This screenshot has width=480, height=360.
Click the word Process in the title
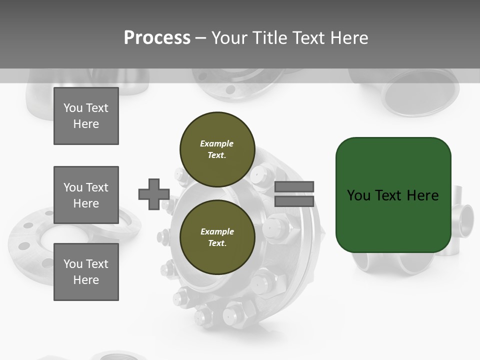157,38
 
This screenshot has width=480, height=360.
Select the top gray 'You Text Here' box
86,116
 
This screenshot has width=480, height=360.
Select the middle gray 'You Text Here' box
86,195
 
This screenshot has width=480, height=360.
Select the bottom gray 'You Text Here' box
86,272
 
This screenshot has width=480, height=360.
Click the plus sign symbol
154,194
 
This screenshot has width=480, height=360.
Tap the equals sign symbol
294,194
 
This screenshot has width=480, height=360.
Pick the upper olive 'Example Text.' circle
217,149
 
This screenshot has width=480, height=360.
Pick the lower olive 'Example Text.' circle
217,237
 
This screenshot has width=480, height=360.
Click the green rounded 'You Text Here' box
393,195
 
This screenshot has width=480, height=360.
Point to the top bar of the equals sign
294,187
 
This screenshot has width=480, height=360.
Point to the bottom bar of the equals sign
294,201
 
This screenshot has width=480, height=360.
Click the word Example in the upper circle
217,143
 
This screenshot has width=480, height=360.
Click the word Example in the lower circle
217,231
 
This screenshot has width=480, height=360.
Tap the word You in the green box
358,195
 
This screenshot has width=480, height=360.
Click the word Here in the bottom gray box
86,280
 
